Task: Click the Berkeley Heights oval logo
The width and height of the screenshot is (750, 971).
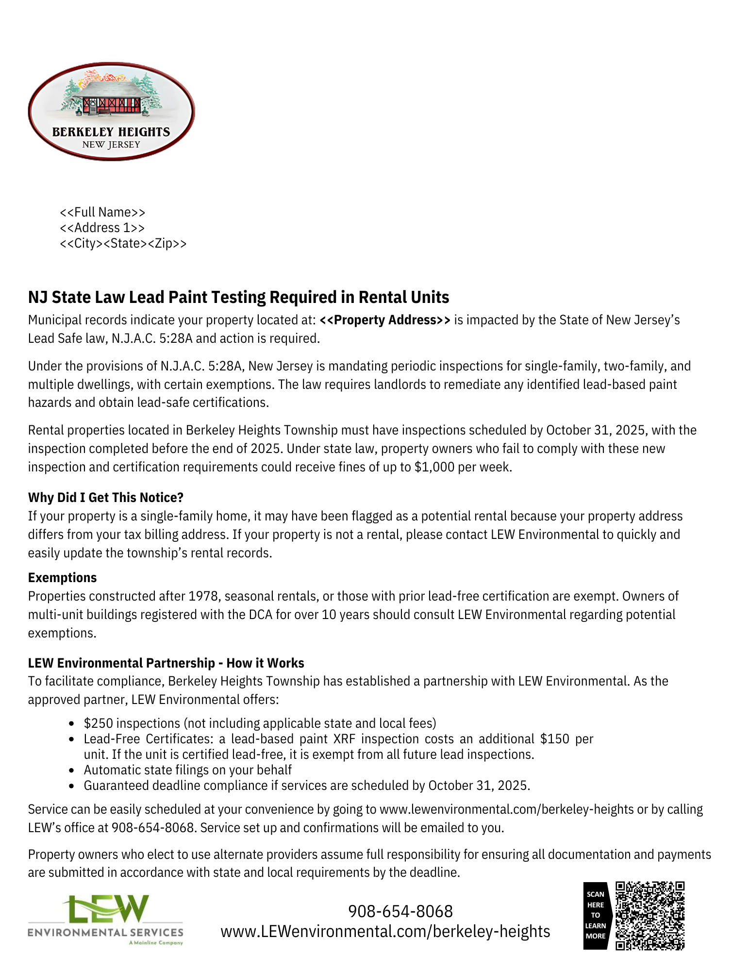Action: [x=111, y=111]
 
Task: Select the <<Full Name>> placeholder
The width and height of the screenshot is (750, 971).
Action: [x=102, y=212]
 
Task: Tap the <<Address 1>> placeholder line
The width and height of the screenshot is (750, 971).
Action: [x=102, y=228]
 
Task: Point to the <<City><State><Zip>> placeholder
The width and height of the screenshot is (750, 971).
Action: [x=123, y=243]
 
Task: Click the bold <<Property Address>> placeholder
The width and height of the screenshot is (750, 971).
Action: [x=385, y=320]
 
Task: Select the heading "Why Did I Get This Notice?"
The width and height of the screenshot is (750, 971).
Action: [x=106, y=498]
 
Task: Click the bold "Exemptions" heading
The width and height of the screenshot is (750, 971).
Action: [x=63, y=578]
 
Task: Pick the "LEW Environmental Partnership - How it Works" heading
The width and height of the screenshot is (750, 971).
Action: [x=166, y=663]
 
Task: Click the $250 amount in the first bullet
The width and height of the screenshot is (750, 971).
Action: [x=98, y=723]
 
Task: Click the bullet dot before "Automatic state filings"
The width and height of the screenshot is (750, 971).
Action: [x=72, y=770]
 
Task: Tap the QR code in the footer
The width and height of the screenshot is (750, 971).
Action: [x=650, y=915]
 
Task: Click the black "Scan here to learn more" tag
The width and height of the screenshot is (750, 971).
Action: [x=595, y=915]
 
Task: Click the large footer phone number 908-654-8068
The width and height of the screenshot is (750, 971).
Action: [x=400, y=911]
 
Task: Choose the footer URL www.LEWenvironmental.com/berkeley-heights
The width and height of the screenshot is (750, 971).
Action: [x=385, y=932]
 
